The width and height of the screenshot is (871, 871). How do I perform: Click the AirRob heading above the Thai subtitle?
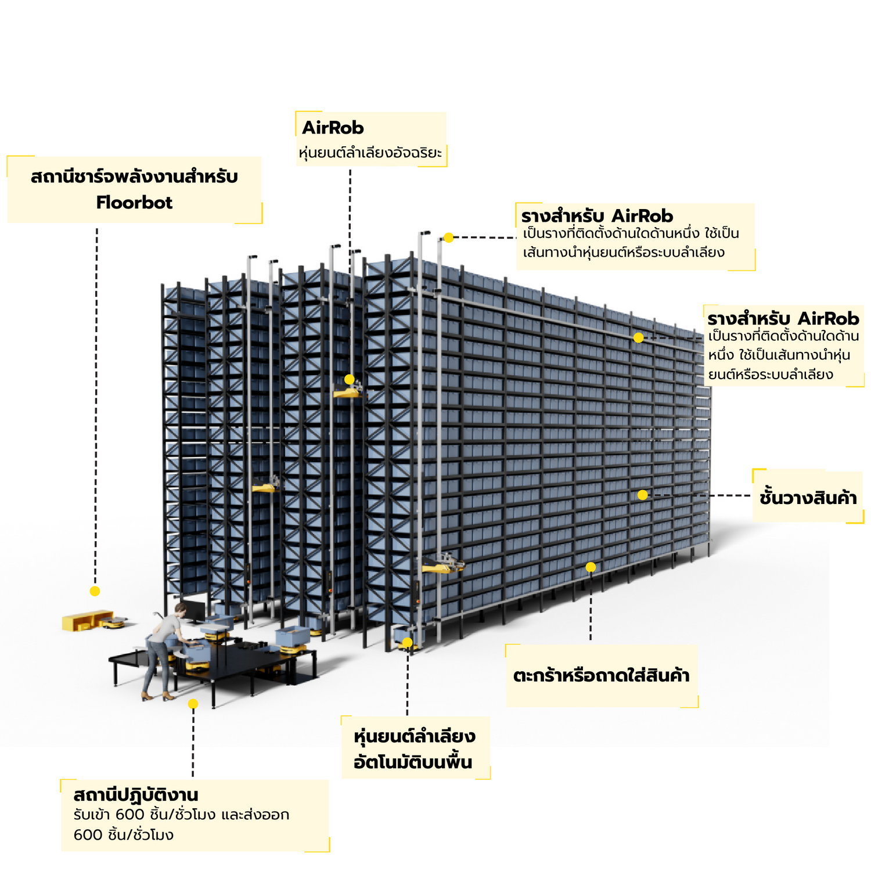pyautogui.click(x=333, y=128)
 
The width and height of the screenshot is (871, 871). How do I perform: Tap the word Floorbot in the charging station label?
pyautogui.click(x=134, y=203)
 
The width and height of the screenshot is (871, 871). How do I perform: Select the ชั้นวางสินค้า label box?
pyautogui.click(x=808, y=498)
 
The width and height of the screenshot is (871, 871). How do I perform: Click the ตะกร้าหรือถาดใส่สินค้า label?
pyautogui.click(x=601, y=676)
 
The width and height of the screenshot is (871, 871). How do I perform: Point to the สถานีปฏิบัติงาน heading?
pyautogui.click(x=136, y=794)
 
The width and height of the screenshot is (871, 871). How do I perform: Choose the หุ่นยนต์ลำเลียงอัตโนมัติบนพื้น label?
pyautogui.click(x=415, y=749)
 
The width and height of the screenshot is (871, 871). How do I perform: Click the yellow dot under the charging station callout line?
pyautogui.click(x=95, y=591)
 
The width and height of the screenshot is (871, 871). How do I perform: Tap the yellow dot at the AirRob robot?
pyautogui.click(x=349, y=379)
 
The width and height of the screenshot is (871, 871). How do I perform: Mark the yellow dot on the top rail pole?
pyautogui.click(x=448, y=237)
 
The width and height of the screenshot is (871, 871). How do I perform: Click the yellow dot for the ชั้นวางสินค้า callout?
pyautogui.click(x=642, y=495)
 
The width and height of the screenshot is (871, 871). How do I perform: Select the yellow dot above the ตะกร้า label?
pyautogui.click(x=591, y=567)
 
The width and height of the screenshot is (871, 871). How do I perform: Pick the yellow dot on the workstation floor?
pyautogui.click(x=193, y=704)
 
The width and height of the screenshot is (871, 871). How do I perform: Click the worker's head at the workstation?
pyautogui.click(x=181, y=609)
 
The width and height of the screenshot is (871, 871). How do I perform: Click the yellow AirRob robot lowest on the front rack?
pyautogui.click(x=441, y=564)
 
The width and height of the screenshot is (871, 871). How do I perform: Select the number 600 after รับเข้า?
pyautogui.click(x=127, y=815)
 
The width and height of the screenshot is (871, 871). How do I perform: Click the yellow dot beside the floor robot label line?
pyautogui.click(x=407, y=642)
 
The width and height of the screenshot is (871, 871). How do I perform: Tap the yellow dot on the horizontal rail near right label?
pyautogui.click(x=638, y=337)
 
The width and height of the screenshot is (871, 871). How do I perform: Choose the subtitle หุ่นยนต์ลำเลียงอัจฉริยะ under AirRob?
pyautogui.click(x=370, y=153)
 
